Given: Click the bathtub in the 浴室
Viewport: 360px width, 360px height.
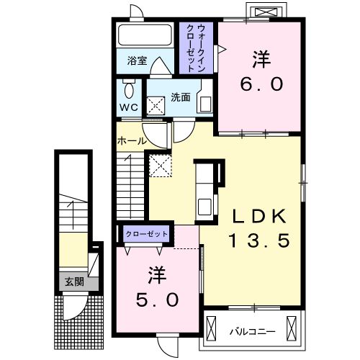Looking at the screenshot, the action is pyautogui.click(x=145, y=35).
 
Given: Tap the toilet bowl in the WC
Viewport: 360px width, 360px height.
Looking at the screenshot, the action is pyautogui.click(x=129, y=89).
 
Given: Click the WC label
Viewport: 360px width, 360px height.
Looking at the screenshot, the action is pyautogui.click(x=129, y=107).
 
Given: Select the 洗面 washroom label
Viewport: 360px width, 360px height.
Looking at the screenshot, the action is pyautogui.click(x=181, y=97).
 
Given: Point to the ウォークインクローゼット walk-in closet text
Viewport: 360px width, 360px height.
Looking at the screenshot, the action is pyautogui.click(x=197, y=48).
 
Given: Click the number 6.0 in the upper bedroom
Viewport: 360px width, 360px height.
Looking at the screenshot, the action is pyautogui.click(x=262, y=84).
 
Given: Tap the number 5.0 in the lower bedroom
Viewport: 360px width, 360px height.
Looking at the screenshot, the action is pyautogui.click(x=158, y=300).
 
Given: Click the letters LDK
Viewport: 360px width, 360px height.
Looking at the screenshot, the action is pyautogui.click(x=259, y=216).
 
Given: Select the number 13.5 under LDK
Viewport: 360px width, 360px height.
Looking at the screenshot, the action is pyautogui.click(x=260, y=240).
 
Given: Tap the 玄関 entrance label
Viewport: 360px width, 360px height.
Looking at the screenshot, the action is pyautogui.click(x=74, y=282).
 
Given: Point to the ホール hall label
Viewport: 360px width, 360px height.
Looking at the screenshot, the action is pyautogui.click(x=132, y=141).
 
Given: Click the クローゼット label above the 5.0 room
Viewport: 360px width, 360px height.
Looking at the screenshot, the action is pyautogui.click(x=146, y=234).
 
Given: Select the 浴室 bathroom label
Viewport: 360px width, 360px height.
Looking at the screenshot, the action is pyautogui.click(x=137, y=60).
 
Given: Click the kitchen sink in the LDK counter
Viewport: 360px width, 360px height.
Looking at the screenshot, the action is pyautogui.click(x=204, y=207).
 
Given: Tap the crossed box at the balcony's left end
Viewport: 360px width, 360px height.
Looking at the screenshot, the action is pyautogui.click(x=212, y=328).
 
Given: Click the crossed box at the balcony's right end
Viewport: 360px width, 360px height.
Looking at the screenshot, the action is pyautogui.click(x=292, y=328).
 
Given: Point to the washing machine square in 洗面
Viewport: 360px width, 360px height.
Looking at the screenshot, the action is pyautogui.click(x=156, y=106).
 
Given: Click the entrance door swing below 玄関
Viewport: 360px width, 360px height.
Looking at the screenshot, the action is pyautogui.click(x=74, y=307).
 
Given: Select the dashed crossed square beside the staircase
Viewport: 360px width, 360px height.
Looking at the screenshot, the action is pyautogui.click(x=161, y=166).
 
